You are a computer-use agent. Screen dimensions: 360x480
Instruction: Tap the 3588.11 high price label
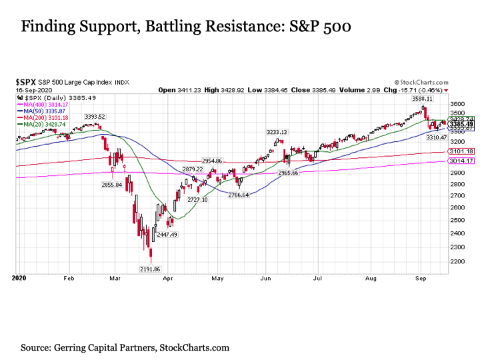click(x=422, y=99)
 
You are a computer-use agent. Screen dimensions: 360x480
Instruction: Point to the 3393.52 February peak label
click(x=95, y=117)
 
